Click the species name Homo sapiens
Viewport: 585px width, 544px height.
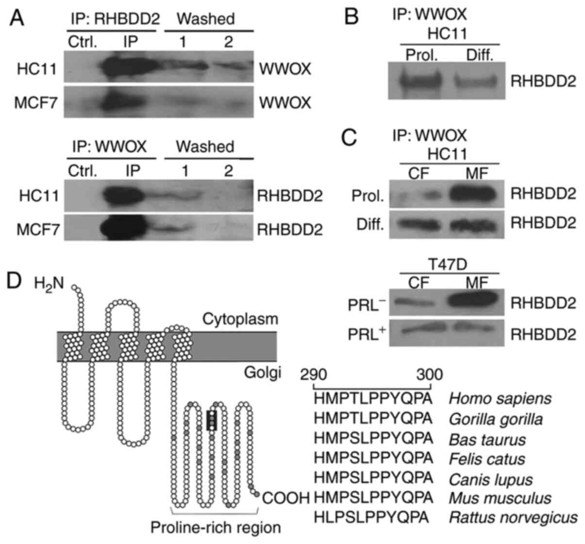pyautogui.click(x=500, y=399)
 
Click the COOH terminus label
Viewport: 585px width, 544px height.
pyautogui.click(x=286, y=498)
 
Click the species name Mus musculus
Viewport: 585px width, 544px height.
pyautogui.click(x=500, y=498)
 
